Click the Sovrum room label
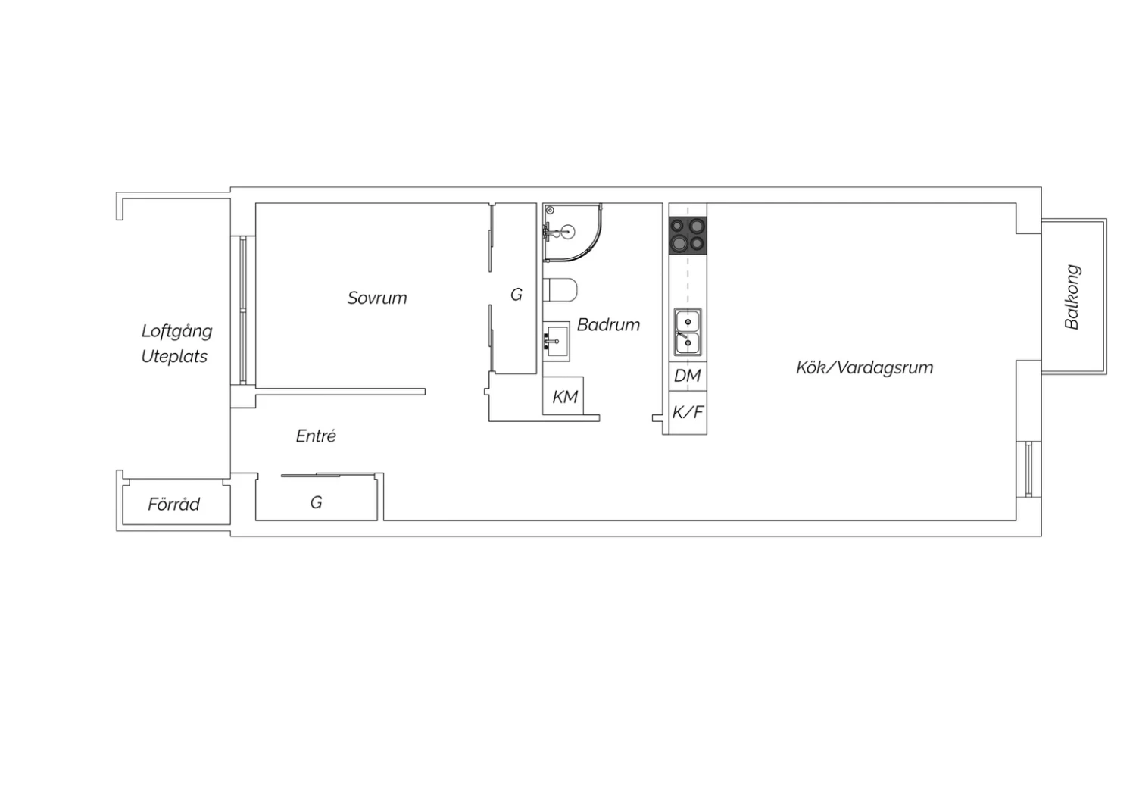(x=377, y=298)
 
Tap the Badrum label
(x=608, y=325)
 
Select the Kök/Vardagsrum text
(x=864, y=367)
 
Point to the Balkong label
(x=1072, y=297)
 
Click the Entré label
(x=316, y=436)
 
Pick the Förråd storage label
(x=173, y=504)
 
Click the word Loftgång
(x=176, y=332)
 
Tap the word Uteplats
(x=174, y=357)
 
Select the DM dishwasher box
(x=688, y=376)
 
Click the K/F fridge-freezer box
(x=688, y=412)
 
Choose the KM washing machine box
(x=563, y=395)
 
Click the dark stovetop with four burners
(x=688, y=235)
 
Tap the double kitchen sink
(x=688, y=333)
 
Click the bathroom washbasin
(x=556, y=341)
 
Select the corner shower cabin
(x=572, y=233)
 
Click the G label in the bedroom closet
(x=517, y=294)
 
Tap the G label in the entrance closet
(x=316, y=502)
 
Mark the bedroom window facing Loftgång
(x=243, y=310)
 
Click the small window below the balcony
(x=1028, y=469)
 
